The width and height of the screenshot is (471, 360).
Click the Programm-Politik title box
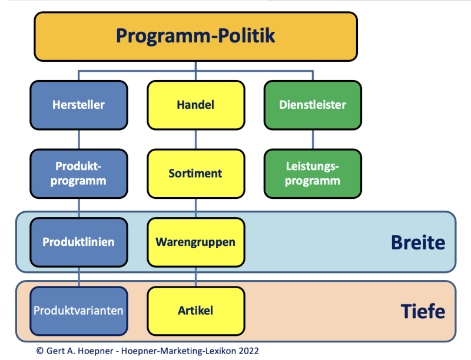point(195,36)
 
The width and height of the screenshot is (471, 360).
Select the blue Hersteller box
point(78,105)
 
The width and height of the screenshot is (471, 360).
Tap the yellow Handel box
point(195,105)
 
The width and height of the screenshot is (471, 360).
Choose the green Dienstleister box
point(313,105)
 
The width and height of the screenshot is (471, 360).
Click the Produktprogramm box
point(78,174)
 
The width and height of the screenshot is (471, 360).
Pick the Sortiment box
point(195,174)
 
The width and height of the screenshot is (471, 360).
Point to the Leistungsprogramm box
point(313,174)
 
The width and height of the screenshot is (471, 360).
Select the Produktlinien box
point(78,242)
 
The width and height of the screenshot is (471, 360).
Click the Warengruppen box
point(195,242)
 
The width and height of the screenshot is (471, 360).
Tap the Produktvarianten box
point(78,310)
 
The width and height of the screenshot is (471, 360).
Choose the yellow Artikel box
point(195,310)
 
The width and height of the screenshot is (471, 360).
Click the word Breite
point(417,242)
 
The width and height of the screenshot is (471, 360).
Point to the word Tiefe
point(422,311)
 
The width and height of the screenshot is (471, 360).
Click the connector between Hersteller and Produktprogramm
point(78,139)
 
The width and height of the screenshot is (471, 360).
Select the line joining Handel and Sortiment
point(195,139)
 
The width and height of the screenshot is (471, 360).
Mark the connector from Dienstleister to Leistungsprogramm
point(313,139)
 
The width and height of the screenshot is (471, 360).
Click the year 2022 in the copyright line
point(248,351)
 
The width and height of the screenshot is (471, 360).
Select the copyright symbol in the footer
point(39,351)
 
